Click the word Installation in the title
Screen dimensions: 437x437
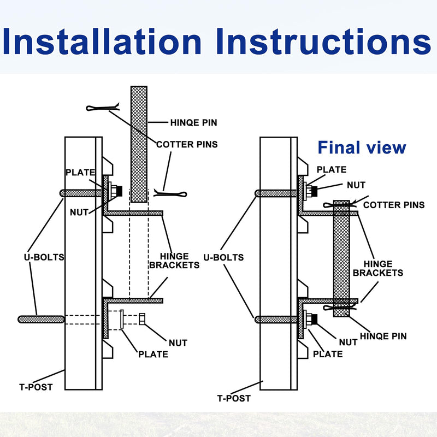click(102, 41)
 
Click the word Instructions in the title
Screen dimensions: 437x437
click(323, 41)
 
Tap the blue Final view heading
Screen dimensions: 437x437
click(362, 147)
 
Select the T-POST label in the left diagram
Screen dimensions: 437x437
click(36, 387)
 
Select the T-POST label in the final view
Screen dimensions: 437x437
click(234, 398)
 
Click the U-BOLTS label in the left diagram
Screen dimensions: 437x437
click(44, 257)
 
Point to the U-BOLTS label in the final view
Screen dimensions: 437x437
click(223, 257)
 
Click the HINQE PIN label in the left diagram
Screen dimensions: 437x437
click(194, 122)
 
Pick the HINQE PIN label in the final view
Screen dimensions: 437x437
click(383, 336)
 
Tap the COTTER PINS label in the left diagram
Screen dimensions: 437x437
click(187, 144)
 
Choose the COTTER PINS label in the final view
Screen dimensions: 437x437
click(394, 205)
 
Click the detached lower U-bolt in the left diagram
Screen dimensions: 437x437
click(41, 320)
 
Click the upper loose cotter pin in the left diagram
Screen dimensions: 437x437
click(103, 107)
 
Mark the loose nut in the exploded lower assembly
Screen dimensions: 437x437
click(142, 319)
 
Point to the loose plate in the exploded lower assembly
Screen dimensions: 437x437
click(122, 319)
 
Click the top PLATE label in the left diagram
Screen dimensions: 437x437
click(80, 173)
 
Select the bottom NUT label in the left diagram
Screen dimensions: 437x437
click(178, 343)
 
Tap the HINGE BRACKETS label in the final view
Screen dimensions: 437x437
click(378, 268)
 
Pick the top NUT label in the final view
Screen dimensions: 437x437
click(356, 185)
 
